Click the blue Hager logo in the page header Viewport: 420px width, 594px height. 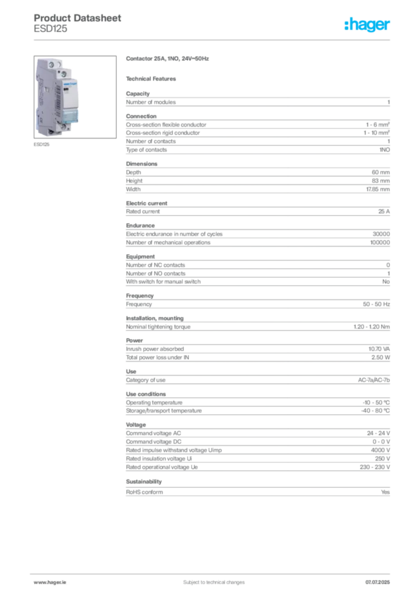pyautogui.click(x=368, y=26)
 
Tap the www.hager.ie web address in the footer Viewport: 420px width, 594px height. pyautogui.click(x=48, y=581)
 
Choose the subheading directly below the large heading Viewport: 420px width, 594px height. pyautogui.click(x=153, y=78)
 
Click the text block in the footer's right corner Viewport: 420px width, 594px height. pyautogui.click(x=380, y=579)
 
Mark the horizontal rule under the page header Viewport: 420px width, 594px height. pyautogui.click(x=213, y=39)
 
